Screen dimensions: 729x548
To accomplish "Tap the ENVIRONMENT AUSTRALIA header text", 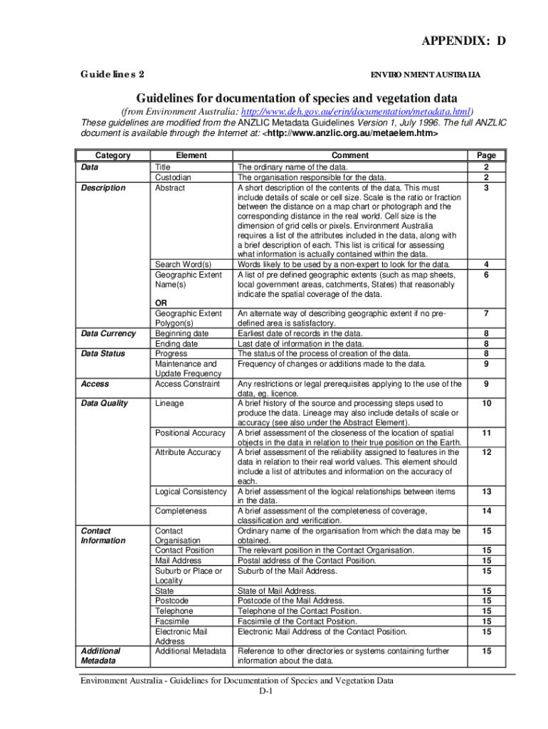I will pos(426,75).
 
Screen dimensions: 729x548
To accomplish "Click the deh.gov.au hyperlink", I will pos(356,112).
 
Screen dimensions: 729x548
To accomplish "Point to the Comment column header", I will pos(350,155).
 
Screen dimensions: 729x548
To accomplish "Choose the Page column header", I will pos(487,155).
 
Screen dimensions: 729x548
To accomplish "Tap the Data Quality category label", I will pos(103,403).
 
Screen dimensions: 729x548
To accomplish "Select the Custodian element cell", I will pos(173,177).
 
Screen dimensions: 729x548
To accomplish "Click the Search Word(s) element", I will pos(183,265).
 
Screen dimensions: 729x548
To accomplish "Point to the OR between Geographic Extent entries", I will pos(161,303).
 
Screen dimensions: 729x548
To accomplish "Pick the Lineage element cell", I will pos(169,403).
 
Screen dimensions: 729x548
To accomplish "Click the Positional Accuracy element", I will pos(190,433).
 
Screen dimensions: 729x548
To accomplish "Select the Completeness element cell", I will pos(181,511).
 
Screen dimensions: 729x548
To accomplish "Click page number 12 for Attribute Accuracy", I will pos(487,453).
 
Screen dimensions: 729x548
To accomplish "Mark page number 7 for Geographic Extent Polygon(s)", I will pos(487,313).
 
